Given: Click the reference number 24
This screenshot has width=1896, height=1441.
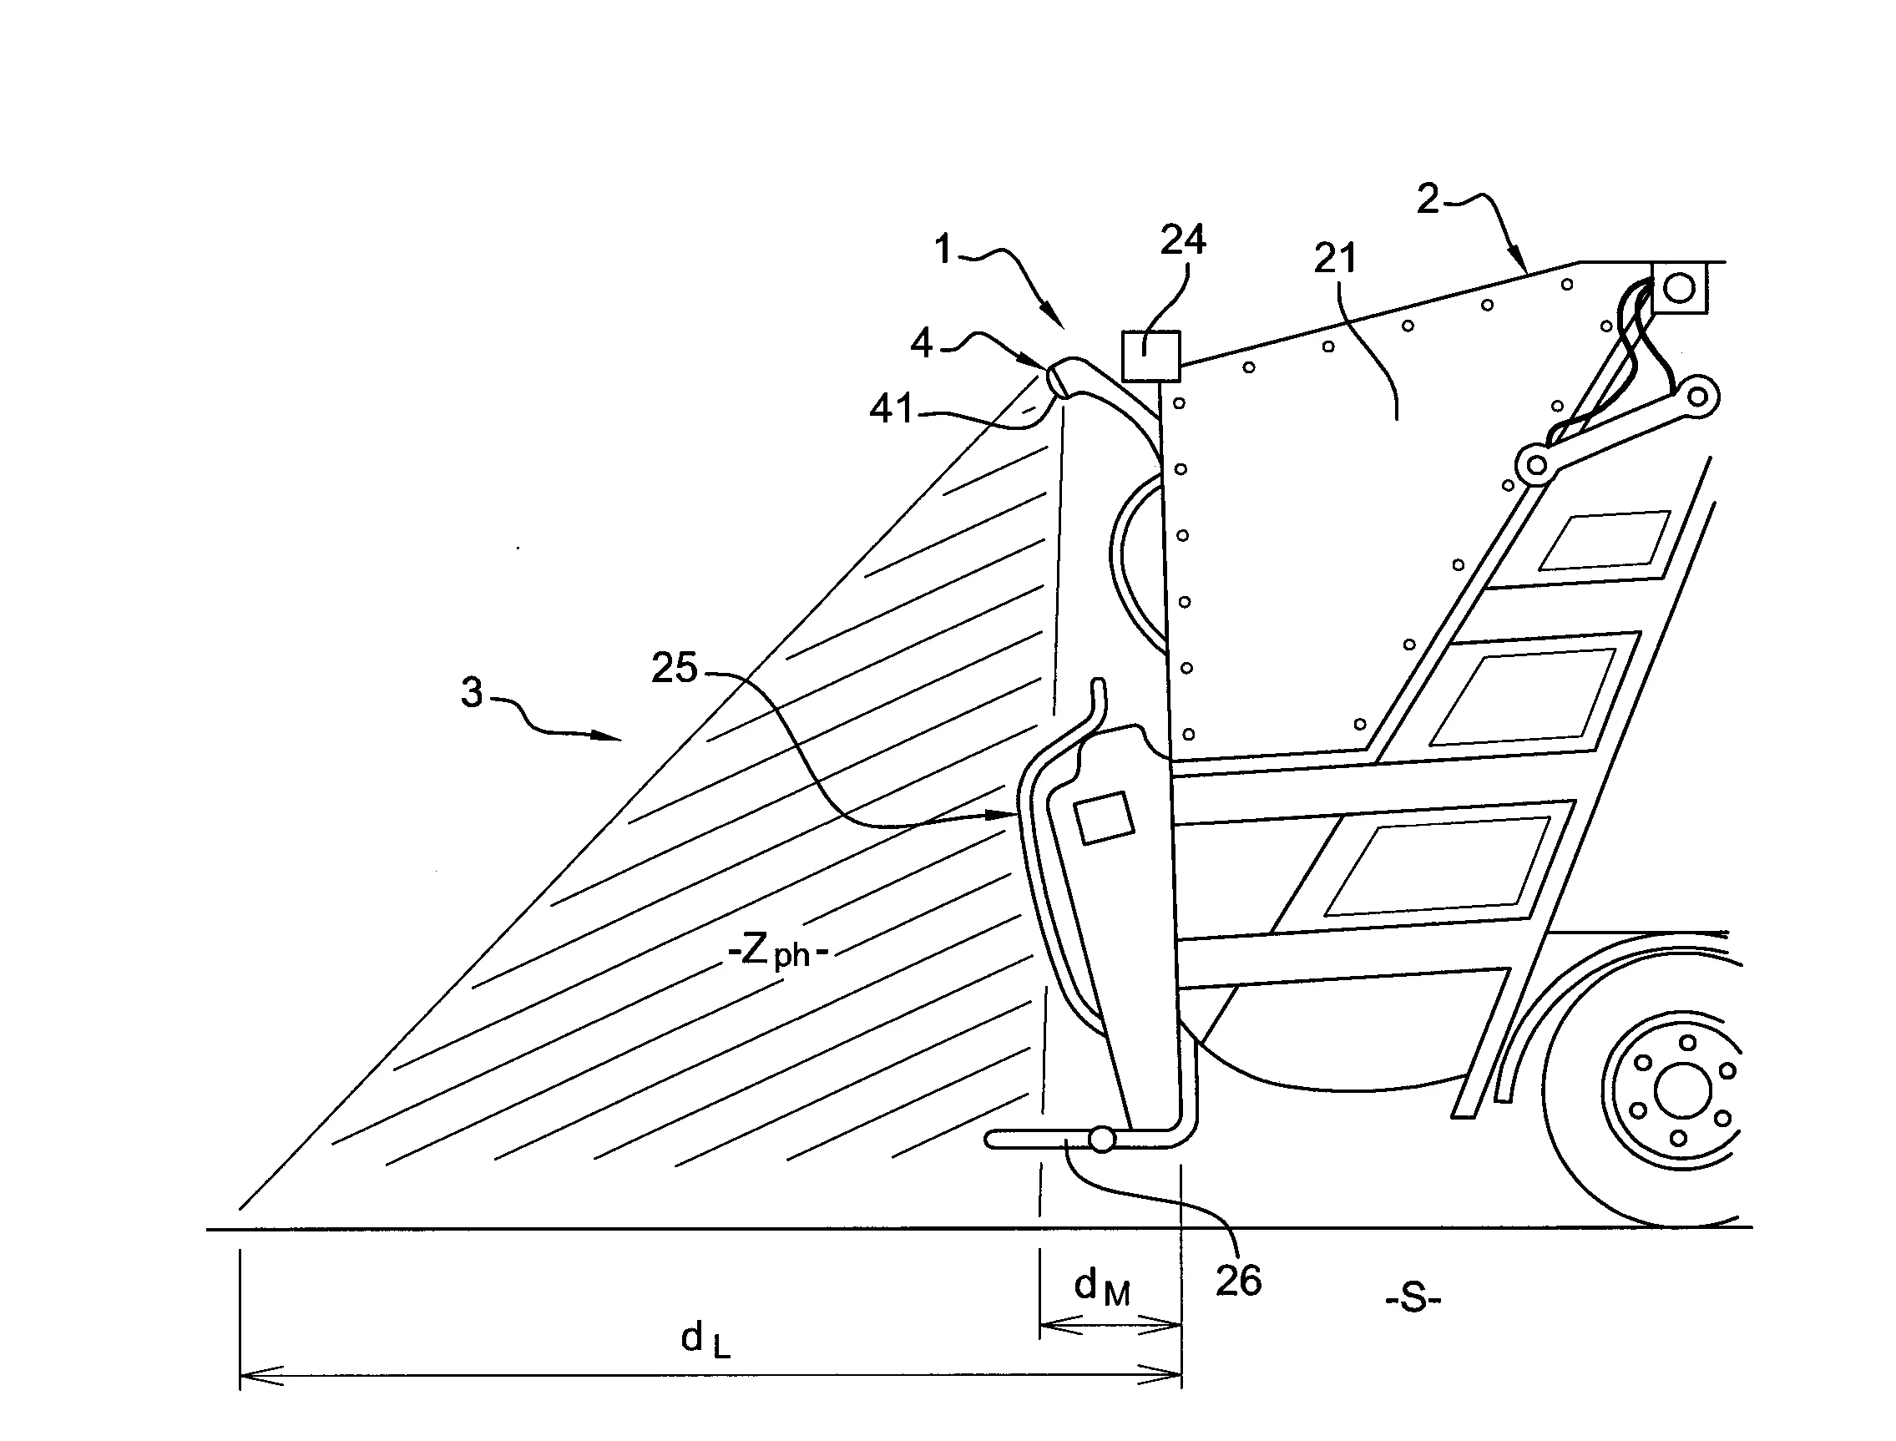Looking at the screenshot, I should pyautogui.click(x=1182, y=240).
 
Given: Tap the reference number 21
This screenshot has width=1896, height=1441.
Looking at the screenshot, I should pyautogui.click(x=1335, y=258).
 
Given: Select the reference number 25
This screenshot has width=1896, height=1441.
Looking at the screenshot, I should pyautogui.click(x=674, y=667).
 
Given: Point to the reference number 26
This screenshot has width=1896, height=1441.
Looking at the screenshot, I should pyautogui.click(x=1238, y=1281).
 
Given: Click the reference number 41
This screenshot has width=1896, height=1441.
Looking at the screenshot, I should pyautogui.click(x=892, y=409).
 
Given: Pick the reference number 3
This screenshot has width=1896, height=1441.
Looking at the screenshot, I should pyautogui.click(x=472, y=692).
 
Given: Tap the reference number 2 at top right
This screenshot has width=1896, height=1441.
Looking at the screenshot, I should pyautogui.click(x=1427, y=199).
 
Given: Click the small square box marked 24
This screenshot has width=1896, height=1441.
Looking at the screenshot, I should pyautogui.click(x=1150, y=356).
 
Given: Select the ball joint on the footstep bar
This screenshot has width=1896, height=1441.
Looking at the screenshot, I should pyautogui.click(x=1101, y=1139).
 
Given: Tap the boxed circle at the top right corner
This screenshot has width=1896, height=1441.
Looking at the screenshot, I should pyautogui.click(x=1679, y=288).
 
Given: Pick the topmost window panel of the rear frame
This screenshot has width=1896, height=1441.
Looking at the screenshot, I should pyautogui.click(x=1604, y=541).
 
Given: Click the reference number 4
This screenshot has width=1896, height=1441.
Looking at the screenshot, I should pyautogui.click(x=921, y=344).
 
